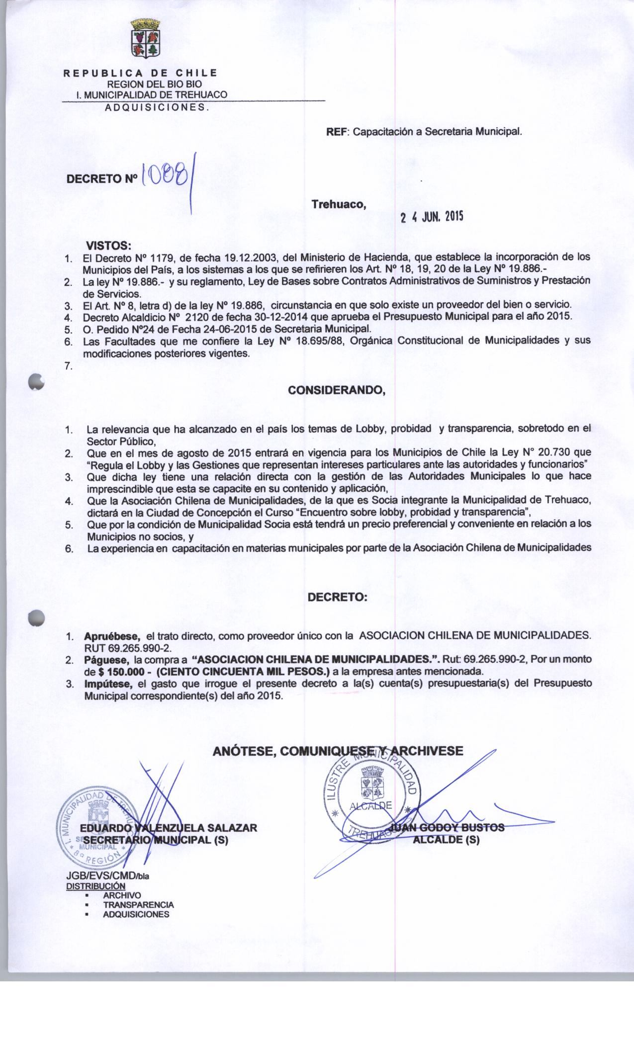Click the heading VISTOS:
(109, 246)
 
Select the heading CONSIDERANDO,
(337, 390)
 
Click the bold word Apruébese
(112, 636)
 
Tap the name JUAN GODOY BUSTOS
(447, 828)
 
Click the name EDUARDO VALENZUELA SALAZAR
(169, 828)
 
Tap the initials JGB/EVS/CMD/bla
(107, 876)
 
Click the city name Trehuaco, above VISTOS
(339, 204)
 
